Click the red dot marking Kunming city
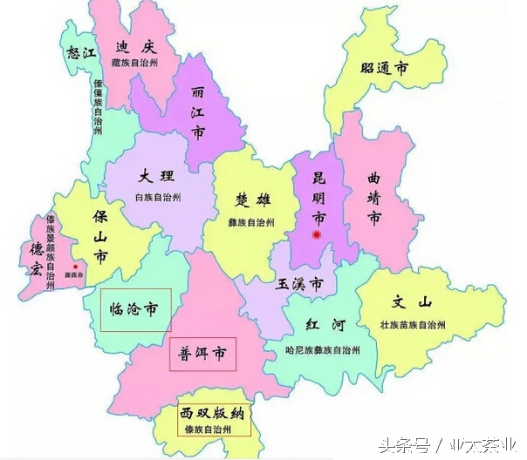[318, 235]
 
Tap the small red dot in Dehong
[77, 267]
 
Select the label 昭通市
[385, 69]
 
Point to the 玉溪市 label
[300, 284]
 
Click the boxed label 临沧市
[135, 309]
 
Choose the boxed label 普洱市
[203, 354]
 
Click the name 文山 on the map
[413, 303]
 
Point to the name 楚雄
[253, 200]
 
